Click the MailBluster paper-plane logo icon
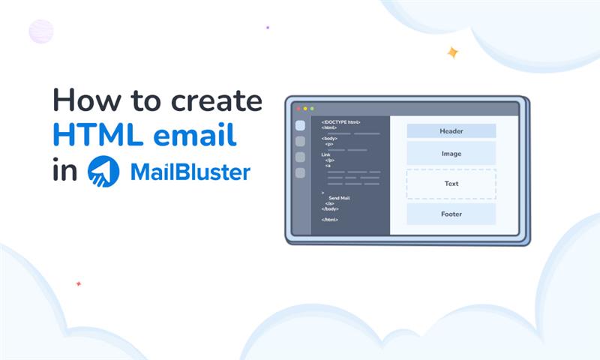pos(103,171)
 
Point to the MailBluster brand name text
pos(190,172)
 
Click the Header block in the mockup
pos(451,131)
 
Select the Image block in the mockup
pos(451,154)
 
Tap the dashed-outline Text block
pos(451,184)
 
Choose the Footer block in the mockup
pos(451,214)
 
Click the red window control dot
pos(297,109)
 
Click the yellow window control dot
pos(304,109)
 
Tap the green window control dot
pos(312,109)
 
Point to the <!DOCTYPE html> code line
pos(341,122)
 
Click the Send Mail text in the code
pos(339,198)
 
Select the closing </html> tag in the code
pos(330,219)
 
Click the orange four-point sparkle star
pos(452,52)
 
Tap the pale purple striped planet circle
pos(41,31)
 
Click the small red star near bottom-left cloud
pos(78,283)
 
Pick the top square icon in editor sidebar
pos(300,125)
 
